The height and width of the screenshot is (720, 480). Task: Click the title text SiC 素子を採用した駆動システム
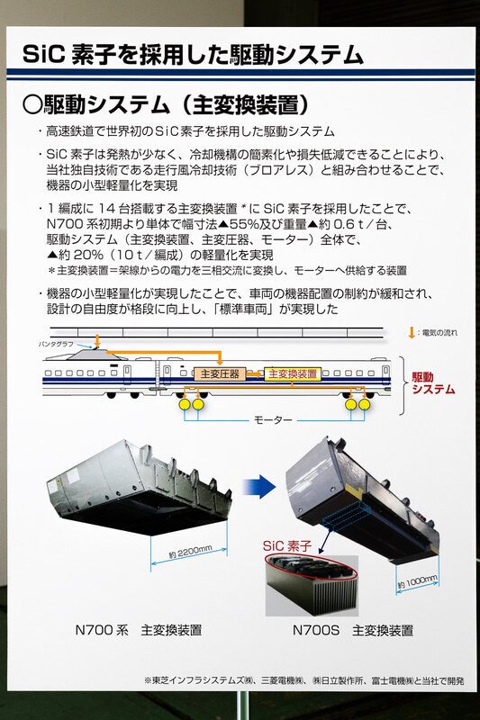(193, 55)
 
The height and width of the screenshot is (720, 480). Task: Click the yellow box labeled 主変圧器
(219, 373)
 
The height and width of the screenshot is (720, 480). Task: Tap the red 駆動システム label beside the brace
(433, 382)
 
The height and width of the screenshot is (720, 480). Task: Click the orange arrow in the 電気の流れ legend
(412, 333)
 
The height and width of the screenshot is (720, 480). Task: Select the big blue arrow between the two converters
(259, 486)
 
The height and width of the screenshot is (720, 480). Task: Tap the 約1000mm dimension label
(417, 581)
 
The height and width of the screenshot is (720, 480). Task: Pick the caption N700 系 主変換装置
(138, 630)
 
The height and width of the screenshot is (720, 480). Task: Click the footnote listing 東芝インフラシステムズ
(306, 679)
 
